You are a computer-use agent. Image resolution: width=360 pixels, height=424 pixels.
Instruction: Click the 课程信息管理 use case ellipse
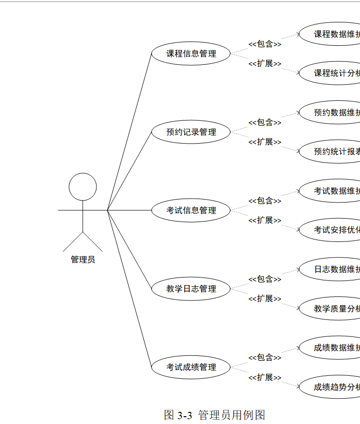coord(191,54)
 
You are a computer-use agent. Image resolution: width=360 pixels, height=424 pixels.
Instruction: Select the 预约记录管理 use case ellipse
coord(191,132)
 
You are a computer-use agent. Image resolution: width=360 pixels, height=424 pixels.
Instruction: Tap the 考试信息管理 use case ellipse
coord(191,210)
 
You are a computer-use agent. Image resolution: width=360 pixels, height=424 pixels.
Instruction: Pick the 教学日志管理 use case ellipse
coord(191,289)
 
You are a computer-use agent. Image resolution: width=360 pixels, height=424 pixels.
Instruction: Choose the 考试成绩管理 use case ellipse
coord(191,367)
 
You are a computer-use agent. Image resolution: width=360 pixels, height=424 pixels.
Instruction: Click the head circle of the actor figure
coord(83,187)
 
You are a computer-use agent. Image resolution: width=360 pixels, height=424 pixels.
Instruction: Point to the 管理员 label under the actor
coord(83,259)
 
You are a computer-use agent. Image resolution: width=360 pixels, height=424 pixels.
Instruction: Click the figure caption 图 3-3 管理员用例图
coord(215,415)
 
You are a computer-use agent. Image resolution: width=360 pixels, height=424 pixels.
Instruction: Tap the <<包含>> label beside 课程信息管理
coord(265,44)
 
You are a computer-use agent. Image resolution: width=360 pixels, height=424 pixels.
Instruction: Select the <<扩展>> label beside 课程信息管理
coord(265,64)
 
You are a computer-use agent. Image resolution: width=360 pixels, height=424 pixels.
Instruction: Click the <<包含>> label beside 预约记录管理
coord(265,122)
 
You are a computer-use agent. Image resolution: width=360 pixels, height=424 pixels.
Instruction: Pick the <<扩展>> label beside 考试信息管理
coord(265,221)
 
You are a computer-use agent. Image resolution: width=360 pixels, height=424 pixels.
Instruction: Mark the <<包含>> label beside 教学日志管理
coord(265,279)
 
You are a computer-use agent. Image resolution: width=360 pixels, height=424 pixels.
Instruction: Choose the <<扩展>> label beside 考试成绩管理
coord(265,377)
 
